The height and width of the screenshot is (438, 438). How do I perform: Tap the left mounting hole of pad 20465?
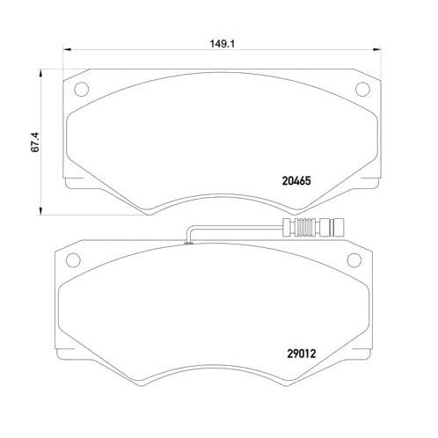[82, 89]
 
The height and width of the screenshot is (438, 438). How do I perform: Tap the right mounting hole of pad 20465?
[360, 89]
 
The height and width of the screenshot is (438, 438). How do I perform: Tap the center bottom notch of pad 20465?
[218, 206]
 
